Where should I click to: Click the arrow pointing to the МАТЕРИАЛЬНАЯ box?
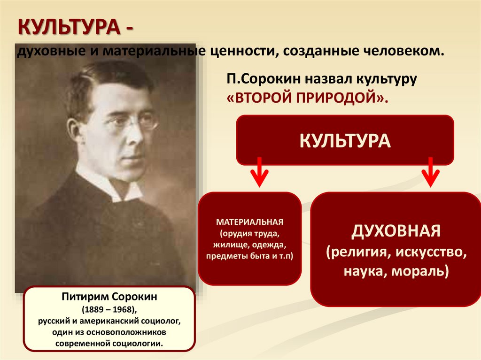point(259,172)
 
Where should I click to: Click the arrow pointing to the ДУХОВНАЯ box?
point(430,172)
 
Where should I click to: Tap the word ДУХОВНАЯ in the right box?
point(396,230)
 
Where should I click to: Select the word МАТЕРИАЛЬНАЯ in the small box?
point(250,222)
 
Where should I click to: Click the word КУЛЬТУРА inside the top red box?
point(345,141)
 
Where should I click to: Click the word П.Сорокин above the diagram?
point(264,79)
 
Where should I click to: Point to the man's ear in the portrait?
point(74,130)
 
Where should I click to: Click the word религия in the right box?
point(357,253)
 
